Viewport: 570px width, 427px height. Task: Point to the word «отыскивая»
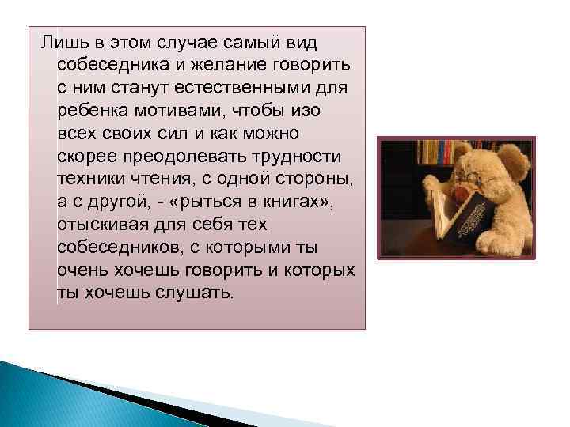point(100,224)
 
